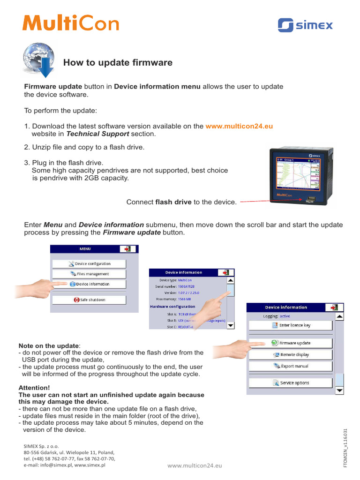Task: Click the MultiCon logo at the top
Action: pos(71,23)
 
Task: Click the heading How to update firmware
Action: pos(118,62)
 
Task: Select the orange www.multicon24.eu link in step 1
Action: pos(239,126)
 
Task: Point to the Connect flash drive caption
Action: pos(181,202)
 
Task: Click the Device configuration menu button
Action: pos(89,263)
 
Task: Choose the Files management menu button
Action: pos(89,274)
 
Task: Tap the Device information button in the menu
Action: pos(89,284)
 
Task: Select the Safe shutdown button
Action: pos(89,300)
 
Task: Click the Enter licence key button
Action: pos(290,325)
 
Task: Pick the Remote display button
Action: pos(290,355)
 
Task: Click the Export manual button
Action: pos(290,366)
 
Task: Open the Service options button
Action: pos(290,383)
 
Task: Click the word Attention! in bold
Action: pos(34,388)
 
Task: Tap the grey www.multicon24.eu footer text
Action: pos(195,465)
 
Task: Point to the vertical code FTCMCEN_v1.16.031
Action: pos(345,447)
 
